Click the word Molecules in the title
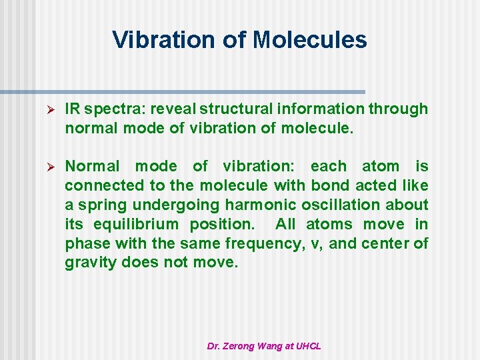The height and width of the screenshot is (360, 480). point(310,40)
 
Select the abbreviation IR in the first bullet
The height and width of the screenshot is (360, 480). point(73,109)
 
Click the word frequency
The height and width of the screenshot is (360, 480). point(263,243)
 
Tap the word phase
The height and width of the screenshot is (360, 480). point(85,243)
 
